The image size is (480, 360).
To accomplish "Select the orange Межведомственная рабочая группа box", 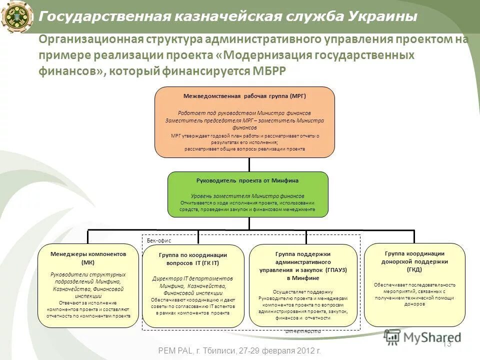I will [244, 122].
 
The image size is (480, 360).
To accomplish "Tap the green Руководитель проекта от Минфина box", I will [247, 194].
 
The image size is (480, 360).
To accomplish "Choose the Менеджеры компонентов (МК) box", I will [88, 285].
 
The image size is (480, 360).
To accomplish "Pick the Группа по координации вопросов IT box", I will [193, 285].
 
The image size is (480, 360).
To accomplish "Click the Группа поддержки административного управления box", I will [303, 285].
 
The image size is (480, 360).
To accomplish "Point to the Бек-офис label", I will [159, 240].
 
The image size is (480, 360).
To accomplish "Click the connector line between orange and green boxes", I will [248, 164].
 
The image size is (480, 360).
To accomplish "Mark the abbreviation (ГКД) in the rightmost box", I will [414, 269].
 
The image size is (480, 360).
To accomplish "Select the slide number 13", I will [447, 344].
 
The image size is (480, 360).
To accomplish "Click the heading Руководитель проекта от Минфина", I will [247, 180].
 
